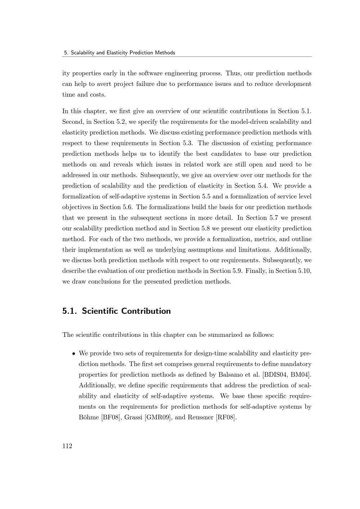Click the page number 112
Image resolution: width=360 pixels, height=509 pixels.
click(x=67, y=446)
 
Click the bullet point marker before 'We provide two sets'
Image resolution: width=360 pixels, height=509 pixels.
click(x=73, y=353)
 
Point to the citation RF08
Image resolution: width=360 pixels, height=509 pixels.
click(x=226, y=418)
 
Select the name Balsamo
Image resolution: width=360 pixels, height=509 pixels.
click(x=231, y=375)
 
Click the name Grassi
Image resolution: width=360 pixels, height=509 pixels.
click(x=132, y=418)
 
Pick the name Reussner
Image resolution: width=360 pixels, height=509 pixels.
click(x=200, y=418)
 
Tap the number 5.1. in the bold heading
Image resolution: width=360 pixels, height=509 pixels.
click(x=70, y=311)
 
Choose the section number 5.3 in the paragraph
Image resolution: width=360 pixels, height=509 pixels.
click(x=186, y=143)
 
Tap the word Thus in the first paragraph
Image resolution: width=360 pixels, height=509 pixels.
click(x=233, y=73)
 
